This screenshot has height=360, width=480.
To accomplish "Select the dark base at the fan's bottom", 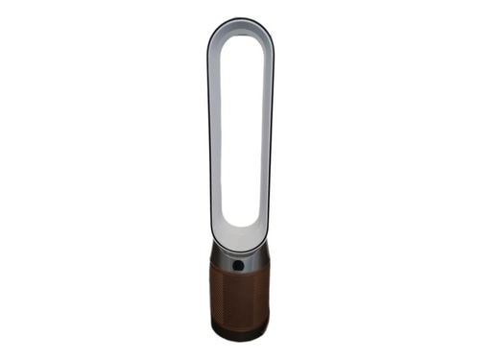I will coord(240,335).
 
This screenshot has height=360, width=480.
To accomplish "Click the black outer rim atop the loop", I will coord(240,18).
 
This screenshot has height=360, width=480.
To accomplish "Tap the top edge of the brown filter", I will coord(240,273).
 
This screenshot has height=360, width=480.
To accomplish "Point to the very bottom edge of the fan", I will coord(240,341).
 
